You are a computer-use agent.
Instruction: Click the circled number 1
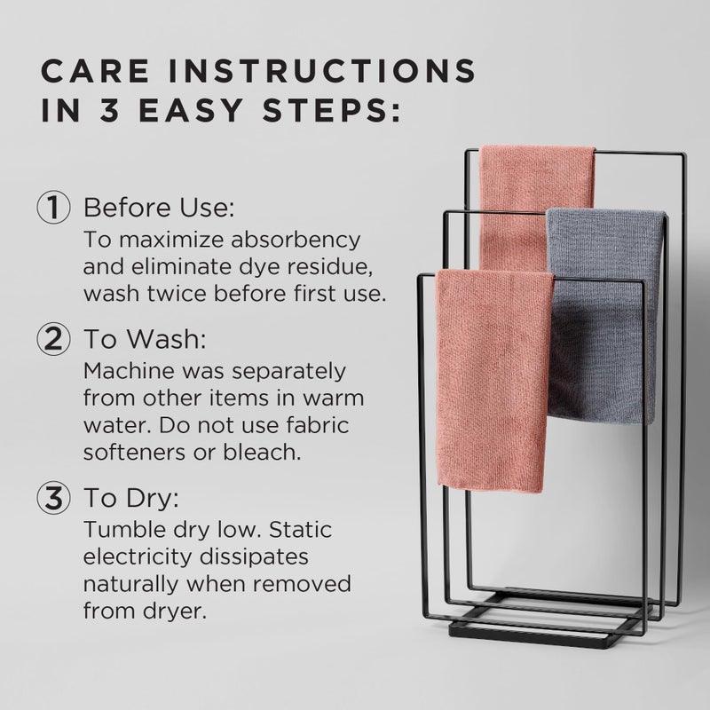pyautogui.click(x=55, y=209)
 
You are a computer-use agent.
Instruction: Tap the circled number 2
pyautogui.click(x=55, y=340)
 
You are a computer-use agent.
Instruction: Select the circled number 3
pyautogui.click(x=55, y=498)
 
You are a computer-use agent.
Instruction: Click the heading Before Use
pyautogui.click(x=158, y=209)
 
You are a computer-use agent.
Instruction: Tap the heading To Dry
pyautogui.click(x=137, y=498)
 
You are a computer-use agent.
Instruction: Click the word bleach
pyautogui.click(x=267, y=451)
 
